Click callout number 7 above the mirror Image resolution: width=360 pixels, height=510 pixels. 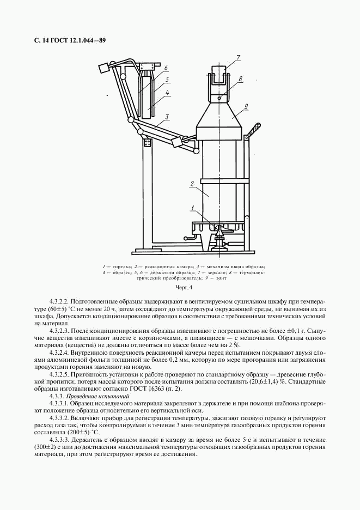tap(237, 57)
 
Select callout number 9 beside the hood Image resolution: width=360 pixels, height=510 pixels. tap(247, 105)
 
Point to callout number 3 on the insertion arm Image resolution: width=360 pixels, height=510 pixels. tap(167, 116)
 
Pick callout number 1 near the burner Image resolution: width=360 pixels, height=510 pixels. tap(192, 207)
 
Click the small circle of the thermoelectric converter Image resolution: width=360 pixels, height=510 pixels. tap(219, 98)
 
